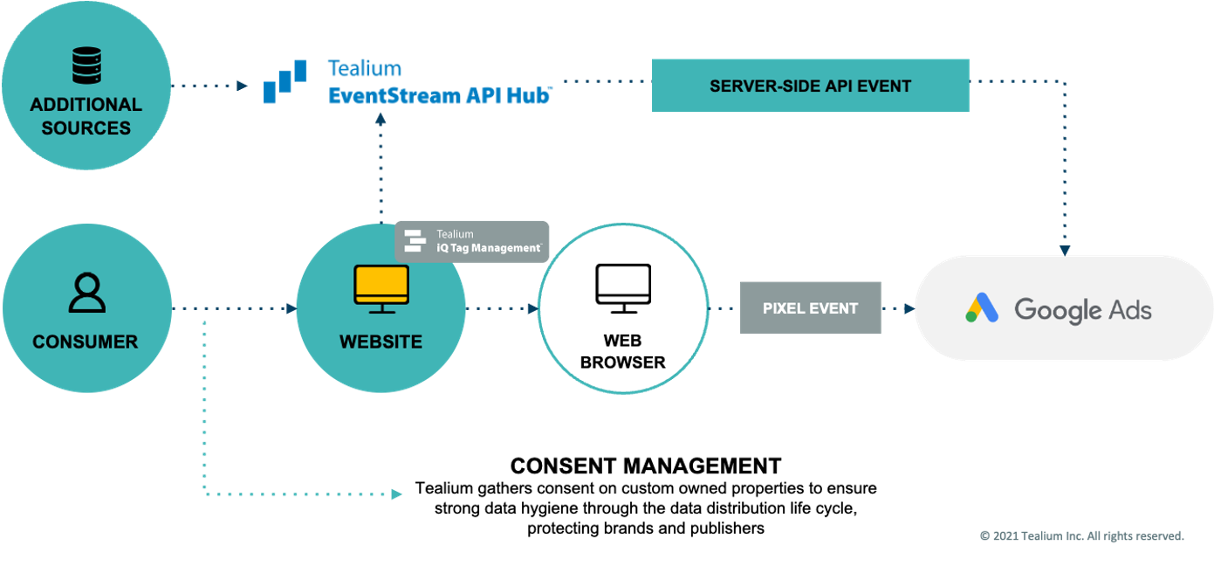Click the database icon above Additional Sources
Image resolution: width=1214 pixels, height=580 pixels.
(86, 66)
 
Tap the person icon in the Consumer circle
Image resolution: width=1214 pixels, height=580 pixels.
(86, 293)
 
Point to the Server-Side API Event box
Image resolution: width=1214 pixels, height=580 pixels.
(810, 86)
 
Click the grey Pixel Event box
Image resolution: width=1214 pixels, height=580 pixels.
(810, 307)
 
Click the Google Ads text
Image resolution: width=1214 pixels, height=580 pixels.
(1082, 309)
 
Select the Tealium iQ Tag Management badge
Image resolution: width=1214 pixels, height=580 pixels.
(472, 241)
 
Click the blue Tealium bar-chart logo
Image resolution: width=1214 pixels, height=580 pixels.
(285, 81)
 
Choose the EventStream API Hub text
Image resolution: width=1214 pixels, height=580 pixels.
(439, 95)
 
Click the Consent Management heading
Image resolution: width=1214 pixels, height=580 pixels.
(645, 466)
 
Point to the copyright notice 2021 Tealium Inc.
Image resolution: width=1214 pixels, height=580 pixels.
(1081, 535)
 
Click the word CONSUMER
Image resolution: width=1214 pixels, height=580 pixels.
(86, 342)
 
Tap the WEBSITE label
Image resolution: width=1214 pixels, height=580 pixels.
(381, 342)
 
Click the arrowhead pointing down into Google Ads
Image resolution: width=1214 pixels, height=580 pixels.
(1065, 249)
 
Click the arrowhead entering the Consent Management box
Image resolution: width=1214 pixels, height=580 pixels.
(394, 494)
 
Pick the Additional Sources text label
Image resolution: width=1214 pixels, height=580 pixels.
(86, 116)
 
